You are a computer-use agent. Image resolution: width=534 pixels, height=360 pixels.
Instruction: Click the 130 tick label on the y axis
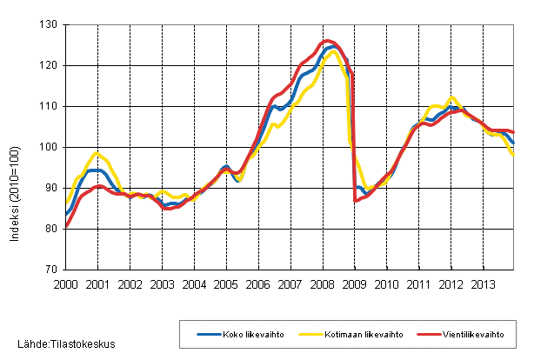(x=48, y=24)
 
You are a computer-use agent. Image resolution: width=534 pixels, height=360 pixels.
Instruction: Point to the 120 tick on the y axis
(x=48, y=65)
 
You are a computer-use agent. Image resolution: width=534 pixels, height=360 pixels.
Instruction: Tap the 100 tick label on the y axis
(x=48, y=147)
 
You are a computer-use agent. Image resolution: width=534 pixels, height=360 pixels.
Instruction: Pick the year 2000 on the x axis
(x=66, y=284)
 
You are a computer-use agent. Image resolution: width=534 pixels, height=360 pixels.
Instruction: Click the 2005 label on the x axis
(x=225, y=284)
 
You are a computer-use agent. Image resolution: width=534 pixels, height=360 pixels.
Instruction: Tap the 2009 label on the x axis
(x=354, y=284)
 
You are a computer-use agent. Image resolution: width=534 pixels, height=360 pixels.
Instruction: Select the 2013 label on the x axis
(x=482, y=284)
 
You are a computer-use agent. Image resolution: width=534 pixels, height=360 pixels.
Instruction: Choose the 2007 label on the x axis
(x=290, y=284)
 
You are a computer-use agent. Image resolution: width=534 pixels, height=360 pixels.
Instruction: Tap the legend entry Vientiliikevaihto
(x=459, y=333)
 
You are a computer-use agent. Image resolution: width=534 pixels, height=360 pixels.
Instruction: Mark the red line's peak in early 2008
(x=327, y=41)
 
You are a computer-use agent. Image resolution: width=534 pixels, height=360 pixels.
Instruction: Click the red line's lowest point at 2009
(x=356, y=201)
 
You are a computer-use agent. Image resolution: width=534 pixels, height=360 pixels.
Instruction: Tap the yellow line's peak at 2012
(x=451, y=97)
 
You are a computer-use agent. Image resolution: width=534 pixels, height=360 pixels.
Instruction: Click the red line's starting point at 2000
(x=66, y=227)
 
